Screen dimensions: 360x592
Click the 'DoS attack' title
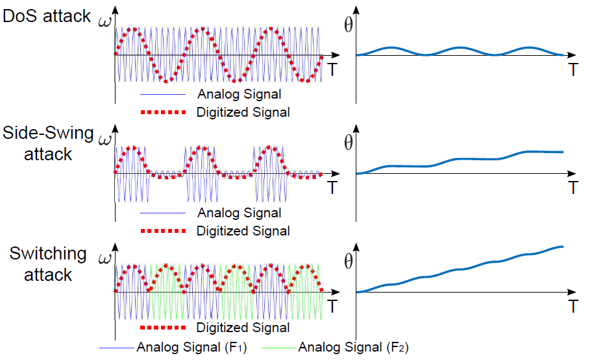(x=47, y=16)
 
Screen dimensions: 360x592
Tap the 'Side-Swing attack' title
(x=48, y=145)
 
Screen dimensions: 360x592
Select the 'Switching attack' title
(x=48, y=263)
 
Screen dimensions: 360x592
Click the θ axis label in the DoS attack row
(x=349, y=26)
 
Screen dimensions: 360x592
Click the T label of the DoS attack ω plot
(x=332, y=69)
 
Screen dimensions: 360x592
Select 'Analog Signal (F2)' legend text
(x=353, y=346)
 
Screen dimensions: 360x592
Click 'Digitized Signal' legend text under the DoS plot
(x=243, y=112)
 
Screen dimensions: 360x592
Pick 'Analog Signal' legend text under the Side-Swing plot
(x=239, y=213)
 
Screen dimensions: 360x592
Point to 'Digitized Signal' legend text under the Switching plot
(x=243, y=328)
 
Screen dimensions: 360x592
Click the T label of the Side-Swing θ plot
(x=573, y=188)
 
